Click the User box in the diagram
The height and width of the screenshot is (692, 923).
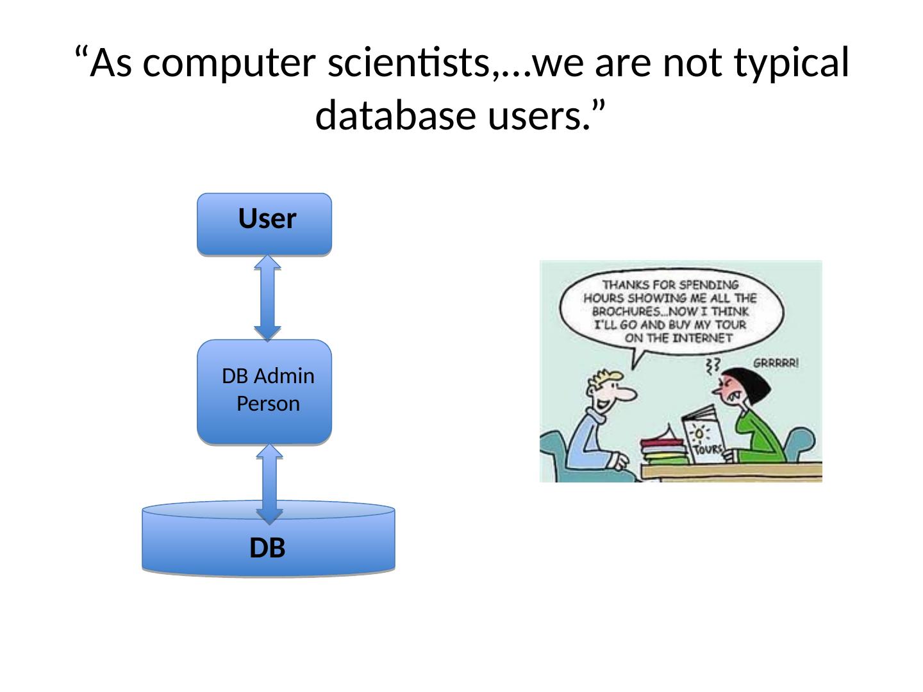(264, 224)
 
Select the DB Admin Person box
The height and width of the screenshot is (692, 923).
(264, 391)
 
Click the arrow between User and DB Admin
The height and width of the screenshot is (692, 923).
(267, 298)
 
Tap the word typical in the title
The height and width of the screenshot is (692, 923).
(796, 63)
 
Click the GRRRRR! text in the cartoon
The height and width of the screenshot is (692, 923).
(776, 362)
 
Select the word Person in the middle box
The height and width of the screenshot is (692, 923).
(268, 404)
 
